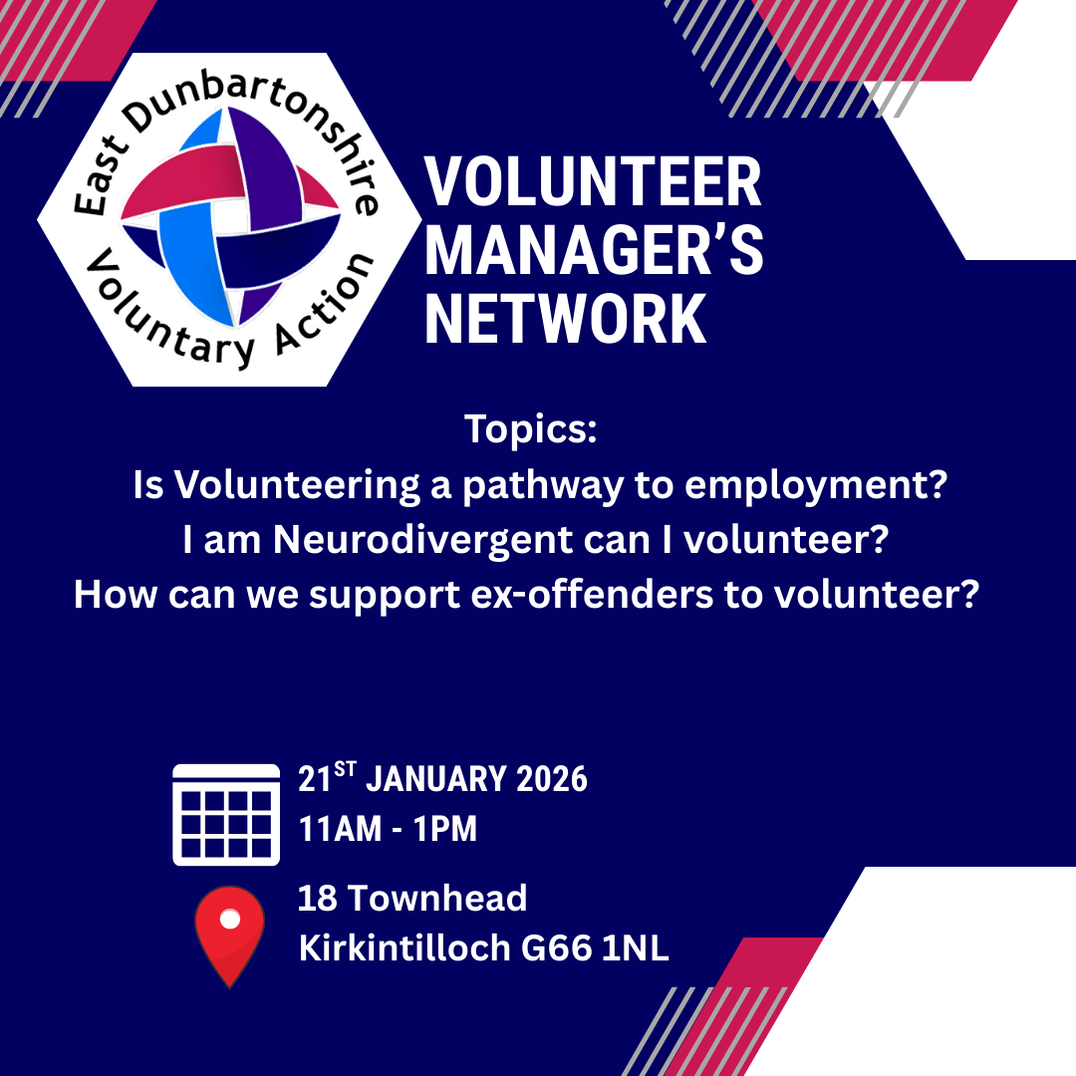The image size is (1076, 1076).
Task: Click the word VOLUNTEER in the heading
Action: click(594, 184)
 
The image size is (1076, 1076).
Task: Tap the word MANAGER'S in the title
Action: click(594, 251)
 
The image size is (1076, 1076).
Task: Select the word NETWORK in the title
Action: click(566, 319)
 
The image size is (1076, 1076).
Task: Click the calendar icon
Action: click(226, 814)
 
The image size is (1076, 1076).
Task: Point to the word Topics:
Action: click(530, 431)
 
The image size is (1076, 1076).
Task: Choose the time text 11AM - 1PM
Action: click(388, 829)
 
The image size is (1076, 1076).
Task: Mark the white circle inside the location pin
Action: click(230, 920)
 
